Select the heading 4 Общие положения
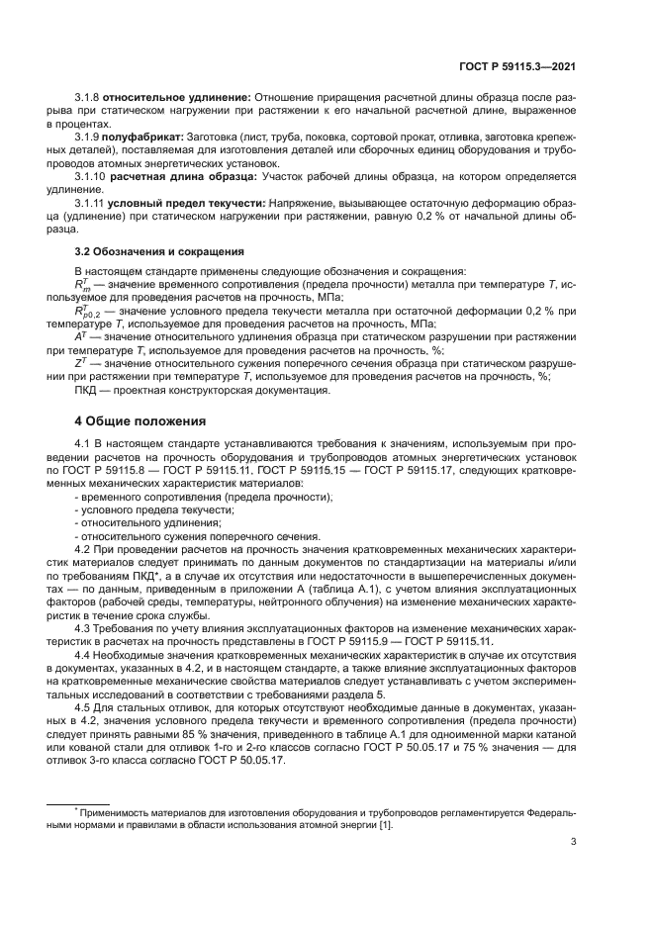pos(140,419)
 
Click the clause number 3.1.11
pos(94,202)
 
